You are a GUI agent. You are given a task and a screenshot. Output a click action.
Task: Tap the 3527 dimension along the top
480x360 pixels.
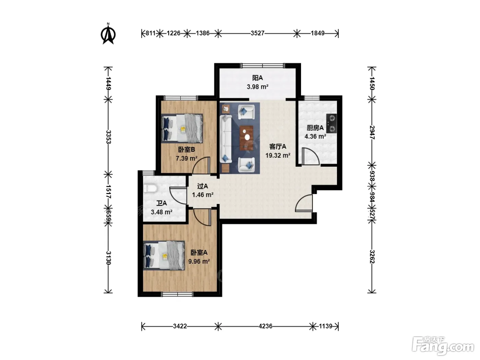tap(257, 33)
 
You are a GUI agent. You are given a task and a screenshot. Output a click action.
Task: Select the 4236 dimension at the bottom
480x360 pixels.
tap(265, 326)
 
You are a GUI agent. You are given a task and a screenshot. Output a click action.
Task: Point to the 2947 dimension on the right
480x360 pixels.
tap(372, 132)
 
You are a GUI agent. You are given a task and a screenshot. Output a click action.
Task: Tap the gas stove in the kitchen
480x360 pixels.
tap(331, 123)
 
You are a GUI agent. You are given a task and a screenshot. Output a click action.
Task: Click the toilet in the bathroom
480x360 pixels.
tap(151, 189)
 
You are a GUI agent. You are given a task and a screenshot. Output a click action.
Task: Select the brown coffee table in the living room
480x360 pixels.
tap(247, 138)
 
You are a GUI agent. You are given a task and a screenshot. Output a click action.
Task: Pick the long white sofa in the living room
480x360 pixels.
tap(226, 139)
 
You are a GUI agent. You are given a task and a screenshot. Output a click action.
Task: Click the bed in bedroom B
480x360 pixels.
tap(182, 128)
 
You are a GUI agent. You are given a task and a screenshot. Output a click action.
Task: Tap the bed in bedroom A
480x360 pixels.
tap(164, 255)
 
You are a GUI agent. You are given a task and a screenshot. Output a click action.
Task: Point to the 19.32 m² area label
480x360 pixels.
tap(278, 155)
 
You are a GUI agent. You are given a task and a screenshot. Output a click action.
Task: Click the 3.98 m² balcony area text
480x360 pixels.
tap(257, 87)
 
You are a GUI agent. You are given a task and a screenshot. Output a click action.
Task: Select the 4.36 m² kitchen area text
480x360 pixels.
tap(315, 136)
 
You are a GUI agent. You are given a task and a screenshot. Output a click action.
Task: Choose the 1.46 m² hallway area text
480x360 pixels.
tap(203, 194)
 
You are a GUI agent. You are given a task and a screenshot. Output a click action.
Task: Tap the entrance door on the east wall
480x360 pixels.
tap(304, 203)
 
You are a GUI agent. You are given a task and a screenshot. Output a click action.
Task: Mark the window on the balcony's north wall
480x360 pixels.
tap(262, 65)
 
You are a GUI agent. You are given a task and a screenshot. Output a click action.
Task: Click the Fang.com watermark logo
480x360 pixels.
tap(443, 346)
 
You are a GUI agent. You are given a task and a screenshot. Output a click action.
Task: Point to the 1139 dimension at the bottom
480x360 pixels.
tap(325, 326)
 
